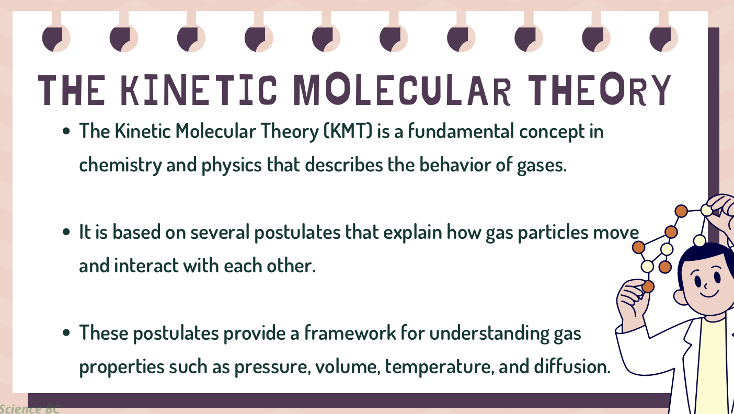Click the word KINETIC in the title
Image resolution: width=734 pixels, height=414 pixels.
tap(199, 90)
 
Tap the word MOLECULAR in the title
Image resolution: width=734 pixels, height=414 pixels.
tap(402, 90)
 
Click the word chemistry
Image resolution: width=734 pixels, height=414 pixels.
tap(120, 165)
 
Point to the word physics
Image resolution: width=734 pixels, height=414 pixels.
tap(232, 165)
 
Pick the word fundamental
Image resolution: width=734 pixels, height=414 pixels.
tap(461, 131)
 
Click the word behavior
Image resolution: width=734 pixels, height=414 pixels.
tap(455, 164)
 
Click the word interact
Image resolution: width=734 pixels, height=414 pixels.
tap(146, 266)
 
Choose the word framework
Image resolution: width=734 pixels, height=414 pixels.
tap(350, 333)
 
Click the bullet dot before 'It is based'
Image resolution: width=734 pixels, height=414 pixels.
tap(66, 232)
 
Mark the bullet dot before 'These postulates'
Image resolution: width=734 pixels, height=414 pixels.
tap(66, 333)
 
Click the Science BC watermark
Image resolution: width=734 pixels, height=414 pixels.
tap(30, 409)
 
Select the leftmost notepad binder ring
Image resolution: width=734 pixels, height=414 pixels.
tap(56, 38)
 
